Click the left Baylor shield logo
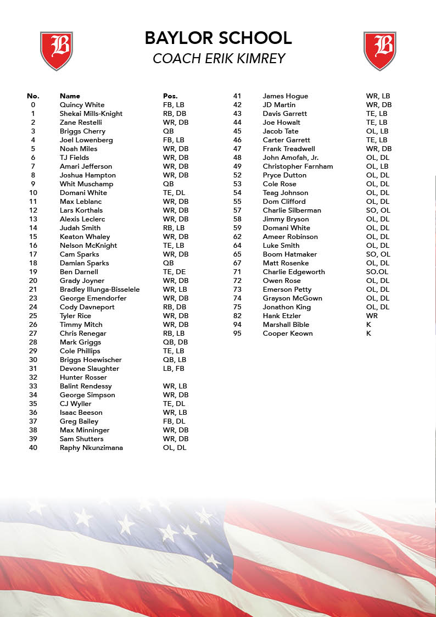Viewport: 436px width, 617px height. [57, 51]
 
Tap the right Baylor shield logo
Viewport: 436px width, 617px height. [380, 51]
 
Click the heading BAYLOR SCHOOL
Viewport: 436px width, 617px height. [218, 38]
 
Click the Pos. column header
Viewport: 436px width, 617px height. [170, 96]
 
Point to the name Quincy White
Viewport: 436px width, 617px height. [82, 105]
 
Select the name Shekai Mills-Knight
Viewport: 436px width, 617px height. [91, 114]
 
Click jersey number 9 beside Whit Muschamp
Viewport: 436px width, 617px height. [33, 184]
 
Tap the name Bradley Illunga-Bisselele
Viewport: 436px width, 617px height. [99, 290]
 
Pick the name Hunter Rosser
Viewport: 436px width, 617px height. [83, 377]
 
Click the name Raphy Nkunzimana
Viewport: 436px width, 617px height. [91, 448]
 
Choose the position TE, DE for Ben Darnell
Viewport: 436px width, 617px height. [174, 272]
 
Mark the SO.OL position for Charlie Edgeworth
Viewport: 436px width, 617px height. [377, 272]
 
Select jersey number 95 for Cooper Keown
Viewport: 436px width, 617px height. [237, 333]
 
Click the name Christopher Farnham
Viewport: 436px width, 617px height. [298, 166]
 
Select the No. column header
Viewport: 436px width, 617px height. [33, 96]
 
